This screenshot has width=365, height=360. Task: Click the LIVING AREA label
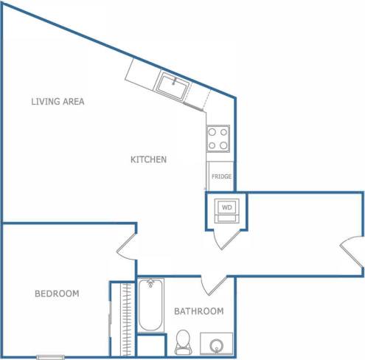[58, 102]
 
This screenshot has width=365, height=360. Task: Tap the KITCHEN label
[148, 159]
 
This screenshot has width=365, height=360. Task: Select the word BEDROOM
[57, 294]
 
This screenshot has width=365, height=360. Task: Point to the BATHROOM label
[198, 311]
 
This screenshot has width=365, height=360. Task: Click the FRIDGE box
[221, 176]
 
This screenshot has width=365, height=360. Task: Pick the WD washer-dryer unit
[226, 209]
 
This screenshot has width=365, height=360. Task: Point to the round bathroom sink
[216, 345]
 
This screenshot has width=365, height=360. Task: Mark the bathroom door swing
[213, 285]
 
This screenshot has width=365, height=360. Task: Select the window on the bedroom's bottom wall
[51, 357]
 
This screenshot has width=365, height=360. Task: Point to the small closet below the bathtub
[150, 346]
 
